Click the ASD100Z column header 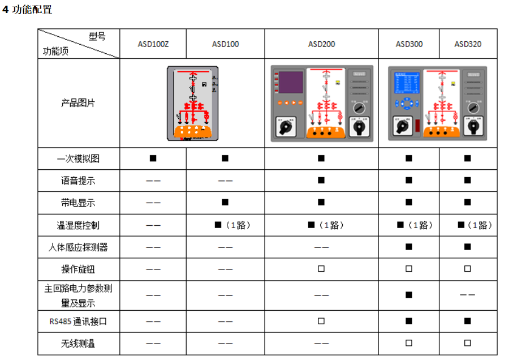point(153,44)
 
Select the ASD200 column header point(321,44)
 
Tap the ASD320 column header point(468,44)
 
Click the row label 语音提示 point(79,181)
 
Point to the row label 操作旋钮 point(79,269)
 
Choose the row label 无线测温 point(79,343)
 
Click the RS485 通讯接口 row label point(78,322)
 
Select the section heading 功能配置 point(32,10)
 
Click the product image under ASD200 point(321,104)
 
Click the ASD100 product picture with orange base point(193,103)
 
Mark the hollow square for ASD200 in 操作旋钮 point(321,269)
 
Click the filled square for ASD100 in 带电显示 point(225,202)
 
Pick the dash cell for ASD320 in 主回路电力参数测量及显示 point(467,295)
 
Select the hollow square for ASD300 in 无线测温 point(409,343)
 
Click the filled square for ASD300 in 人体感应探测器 point(409,247)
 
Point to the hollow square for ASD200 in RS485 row point(321,322)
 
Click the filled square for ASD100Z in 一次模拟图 point(153,158)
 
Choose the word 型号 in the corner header point(97,36)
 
